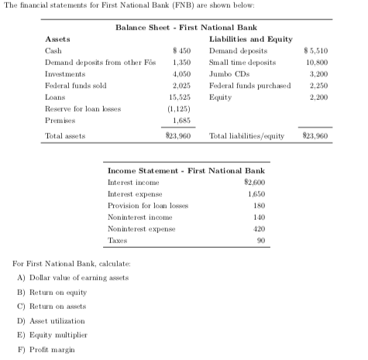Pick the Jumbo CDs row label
coord(225,74)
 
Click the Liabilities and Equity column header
coord(250,37)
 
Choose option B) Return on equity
coord(51,292)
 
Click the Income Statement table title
coord(185,169)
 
